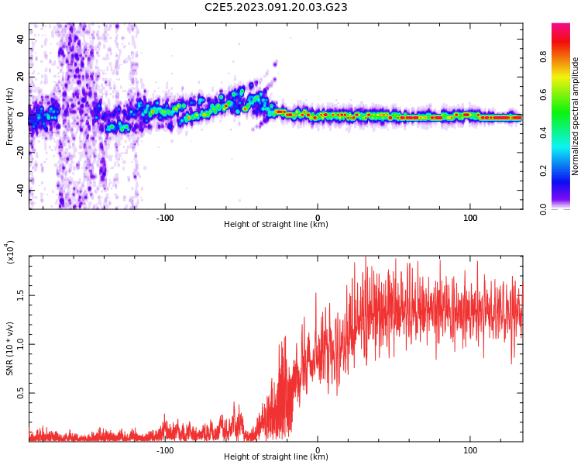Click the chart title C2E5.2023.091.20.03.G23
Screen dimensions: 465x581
tap(276, 8)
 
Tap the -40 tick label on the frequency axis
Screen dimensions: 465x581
tap(19, 190)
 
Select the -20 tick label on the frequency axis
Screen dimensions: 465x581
tap(19, 153)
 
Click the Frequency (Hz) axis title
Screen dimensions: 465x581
tap(10, 116)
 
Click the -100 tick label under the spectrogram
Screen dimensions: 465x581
tap(164, 217)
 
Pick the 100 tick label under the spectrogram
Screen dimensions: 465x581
tap(469, 217)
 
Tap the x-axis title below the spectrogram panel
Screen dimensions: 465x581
tap(276, 225)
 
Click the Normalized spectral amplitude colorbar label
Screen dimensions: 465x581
tap(576, 116)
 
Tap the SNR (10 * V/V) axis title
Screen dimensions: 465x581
tap(10, 349)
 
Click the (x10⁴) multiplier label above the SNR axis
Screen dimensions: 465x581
tap(10, 252)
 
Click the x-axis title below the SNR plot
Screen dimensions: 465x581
tap(276, 457)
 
